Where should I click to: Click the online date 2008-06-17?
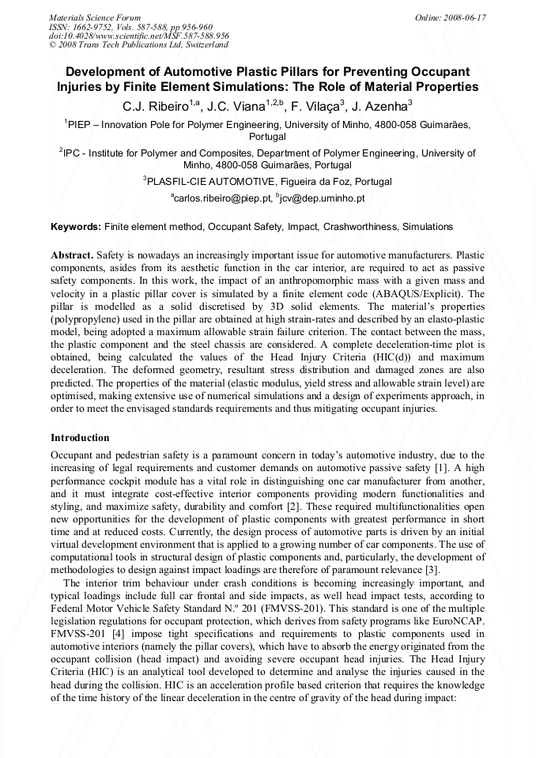coord(463,17)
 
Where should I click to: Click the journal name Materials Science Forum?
coord(95,17)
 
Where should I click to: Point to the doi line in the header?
coord(139,36)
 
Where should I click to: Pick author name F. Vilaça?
coord(319,105)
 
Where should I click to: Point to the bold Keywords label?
coord(76,227)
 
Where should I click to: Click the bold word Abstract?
coord(72,255)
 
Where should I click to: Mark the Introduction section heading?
coord(80,437)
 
